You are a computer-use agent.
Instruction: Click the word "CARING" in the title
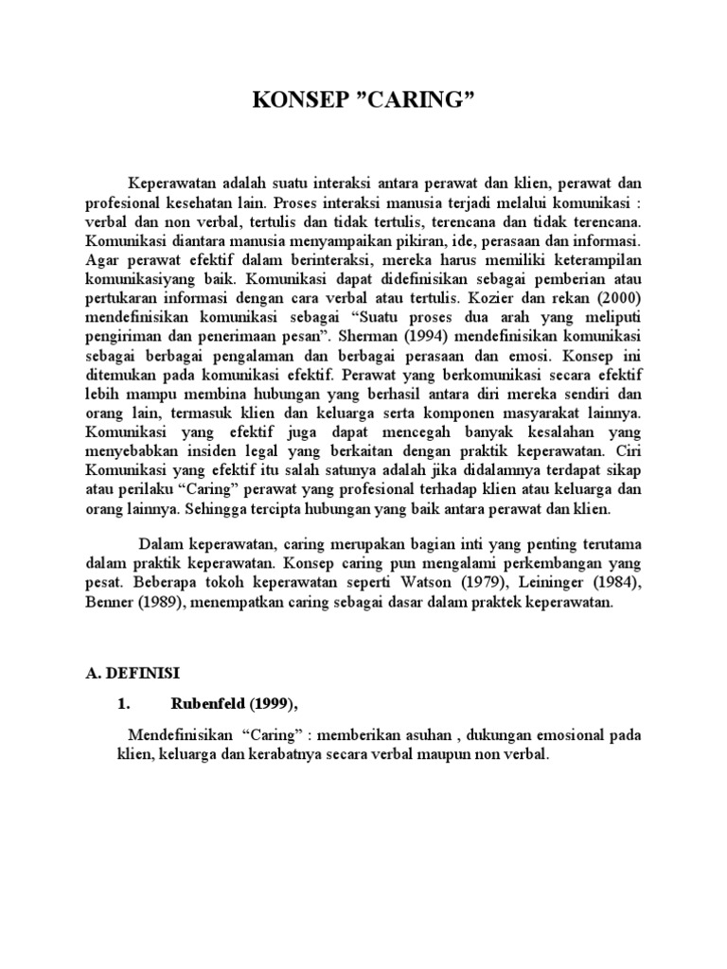coord(413,102)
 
